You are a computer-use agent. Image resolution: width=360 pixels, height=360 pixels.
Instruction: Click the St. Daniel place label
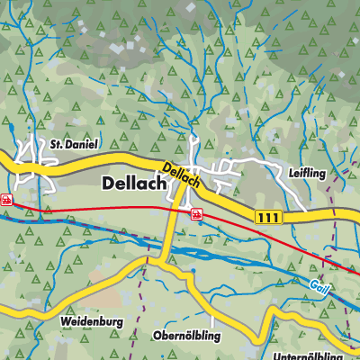pos(73,143)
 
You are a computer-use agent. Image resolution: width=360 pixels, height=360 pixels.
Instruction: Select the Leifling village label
pos(307,169)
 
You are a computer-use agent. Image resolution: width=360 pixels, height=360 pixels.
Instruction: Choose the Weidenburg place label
pos(91,320)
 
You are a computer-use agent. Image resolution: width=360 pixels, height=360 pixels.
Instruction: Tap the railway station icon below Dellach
pos(196,214)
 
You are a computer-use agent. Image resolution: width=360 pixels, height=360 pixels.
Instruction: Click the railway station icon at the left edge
pos(5,200)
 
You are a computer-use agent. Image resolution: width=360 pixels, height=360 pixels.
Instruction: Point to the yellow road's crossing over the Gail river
pos(167,251)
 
